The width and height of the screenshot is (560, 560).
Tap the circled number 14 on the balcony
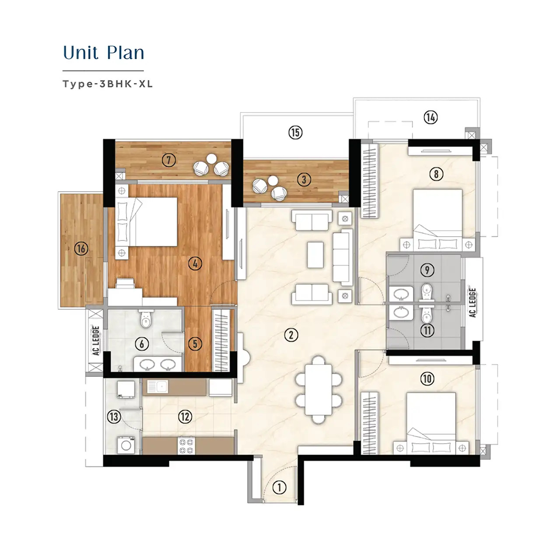pyautogui.click(x=430, y=117)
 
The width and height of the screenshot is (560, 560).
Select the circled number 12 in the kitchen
pyautogui.click(x=185, y=417)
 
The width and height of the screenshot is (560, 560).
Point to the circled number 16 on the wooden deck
pyautogui.click(x=81, y=249)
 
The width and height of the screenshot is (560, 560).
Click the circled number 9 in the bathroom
pyautogui.click(x=427, y=270)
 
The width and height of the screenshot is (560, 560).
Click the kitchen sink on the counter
pyautogui.click(x=157, y=386)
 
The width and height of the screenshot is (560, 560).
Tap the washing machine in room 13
pyautogui.click(x=126, y=445)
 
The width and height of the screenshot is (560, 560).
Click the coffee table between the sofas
pyautogui.click(x=315, y=255)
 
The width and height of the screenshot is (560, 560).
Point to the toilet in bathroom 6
pyautogui.click(x=146, y=319)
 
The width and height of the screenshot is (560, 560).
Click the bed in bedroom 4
pyautogui.click(x=147, y=222)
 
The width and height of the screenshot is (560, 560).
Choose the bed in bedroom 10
pyautogui.click(x=431, y=423)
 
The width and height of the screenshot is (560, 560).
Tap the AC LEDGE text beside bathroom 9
pyautogui.click(x=472, y=302)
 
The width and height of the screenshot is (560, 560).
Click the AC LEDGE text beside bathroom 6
pyautogui.click(x=96, y=340)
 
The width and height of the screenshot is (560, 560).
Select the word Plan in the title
pyautogui.click(x=125, y=52)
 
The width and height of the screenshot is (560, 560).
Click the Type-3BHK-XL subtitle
pyautogui.click(x=108, y=84)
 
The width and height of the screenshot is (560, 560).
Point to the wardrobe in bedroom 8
pyautogui.click(x=370, y=181)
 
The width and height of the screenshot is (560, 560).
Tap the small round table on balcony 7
pyautogui.click(x=212, y=159)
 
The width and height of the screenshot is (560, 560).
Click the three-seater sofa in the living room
pyautogui.click(x=342, y=257)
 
